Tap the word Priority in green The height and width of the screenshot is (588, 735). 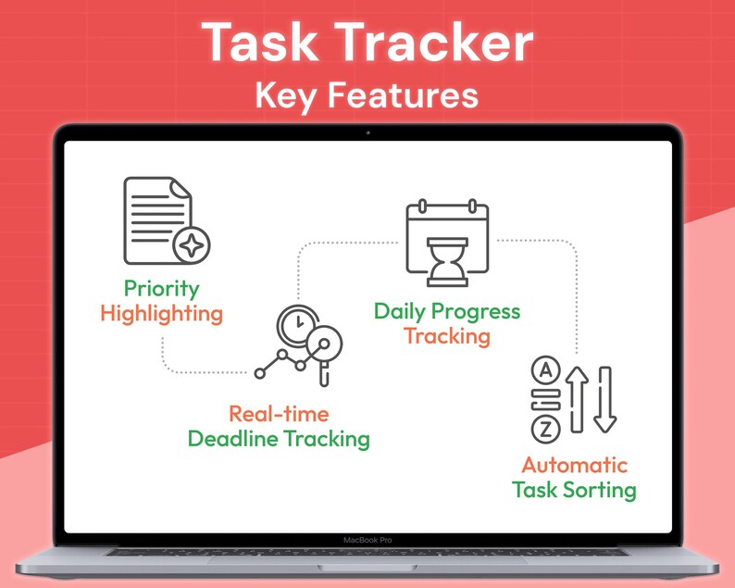pyautogui.click(x=163, y=289)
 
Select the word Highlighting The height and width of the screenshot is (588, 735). pyautogui.click(x=162, y=314)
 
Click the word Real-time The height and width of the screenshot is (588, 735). pyautogui.click(x=279, y=414)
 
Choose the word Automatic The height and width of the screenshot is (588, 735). pyautogui.click(x=574, y=465)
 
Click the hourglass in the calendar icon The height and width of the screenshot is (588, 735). pyautogui.click(x=447, y=262)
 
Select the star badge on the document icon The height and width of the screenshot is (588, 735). pyautogui.click(x=192, y=245)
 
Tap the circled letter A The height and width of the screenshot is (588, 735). pyautogui.click(x=546, y=371)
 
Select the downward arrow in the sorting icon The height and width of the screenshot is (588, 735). pyautogui.click(x=604, y=398)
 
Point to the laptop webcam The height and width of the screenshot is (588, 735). pyautogui.click(x=367, y=132)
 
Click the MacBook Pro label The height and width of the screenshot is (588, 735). pyautogui.click(x=367, y=540)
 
